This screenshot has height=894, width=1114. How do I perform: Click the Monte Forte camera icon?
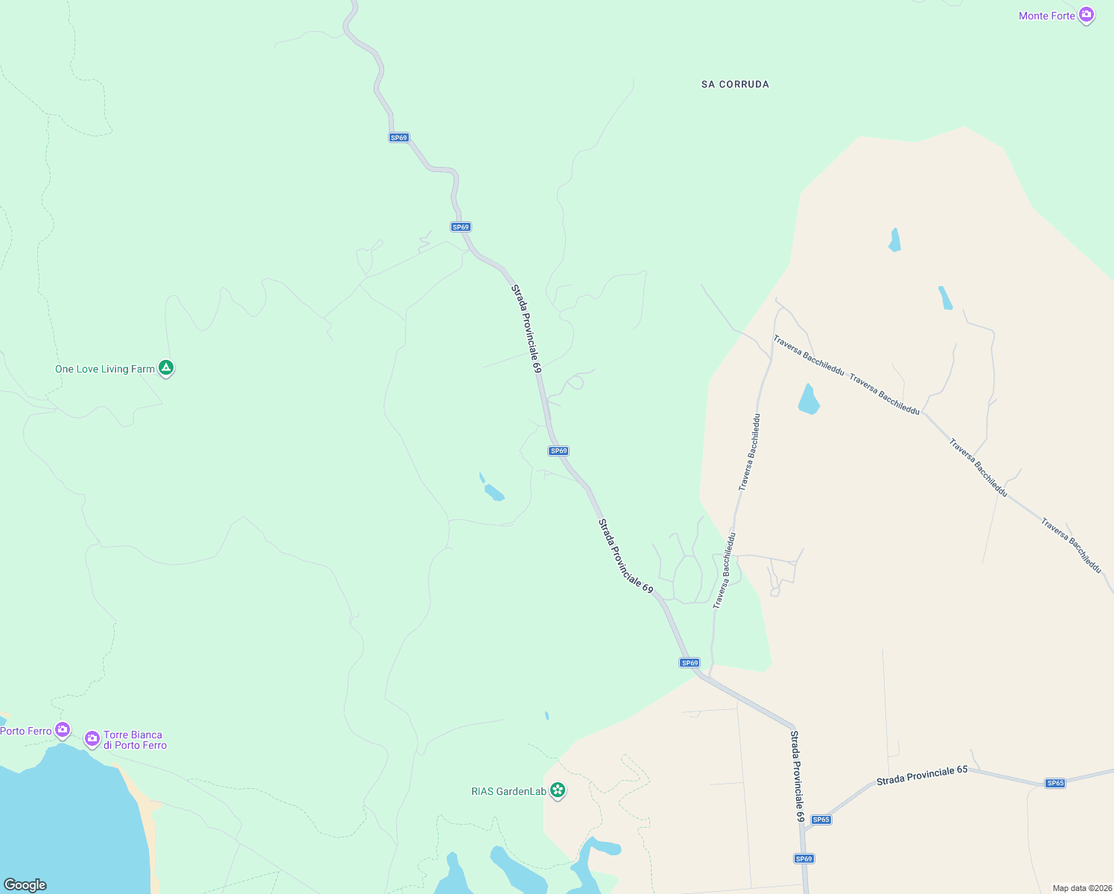click(x=1086, y=15)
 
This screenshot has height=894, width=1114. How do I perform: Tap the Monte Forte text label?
click(x=1046, y=16)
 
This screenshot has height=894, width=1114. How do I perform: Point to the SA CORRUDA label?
click(x=735, y=84)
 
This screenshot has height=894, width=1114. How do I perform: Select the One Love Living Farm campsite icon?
click(x=166, y=368)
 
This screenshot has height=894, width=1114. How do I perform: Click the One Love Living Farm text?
click(x=105, y=369)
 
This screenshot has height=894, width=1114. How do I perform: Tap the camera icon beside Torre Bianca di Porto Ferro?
click(x=92, y=738)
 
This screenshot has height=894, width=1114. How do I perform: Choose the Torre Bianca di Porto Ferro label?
click(x=135, y=740)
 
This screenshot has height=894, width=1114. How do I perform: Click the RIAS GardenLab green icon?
click(x=557, y=790)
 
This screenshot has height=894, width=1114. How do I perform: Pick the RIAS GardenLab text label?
click(x=509, y=791)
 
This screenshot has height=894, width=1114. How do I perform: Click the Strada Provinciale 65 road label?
click(x=922, y=775)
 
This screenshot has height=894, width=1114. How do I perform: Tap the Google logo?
click(x=25, y=884)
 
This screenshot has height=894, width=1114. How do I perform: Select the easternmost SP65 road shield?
click(x=1055, y=783)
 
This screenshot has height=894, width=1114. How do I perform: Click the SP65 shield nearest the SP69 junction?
click(x=821, y=819)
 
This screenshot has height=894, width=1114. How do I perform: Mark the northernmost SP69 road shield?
click(x=399, y=138)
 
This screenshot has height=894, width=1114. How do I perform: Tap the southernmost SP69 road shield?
click(x=803, y=859)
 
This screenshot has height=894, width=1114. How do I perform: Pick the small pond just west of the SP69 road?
click(x=493, y=492)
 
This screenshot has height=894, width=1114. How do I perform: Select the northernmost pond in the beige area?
click(x=894, y=241)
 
